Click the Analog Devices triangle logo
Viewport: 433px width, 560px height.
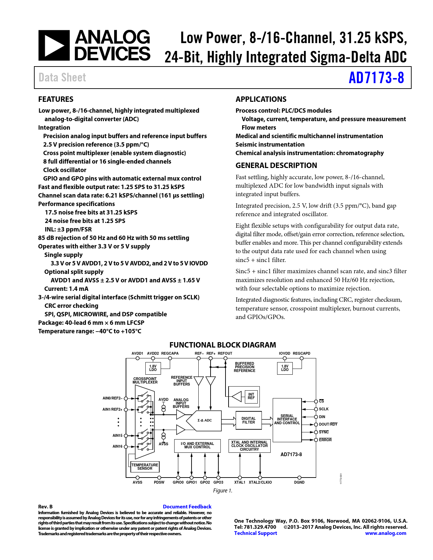click(54, 45)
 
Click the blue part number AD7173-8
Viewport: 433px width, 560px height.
click(376, 78)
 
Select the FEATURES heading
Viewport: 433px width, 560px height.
click(56, 99)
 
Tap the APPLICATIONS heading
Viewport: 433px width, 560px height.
click(261, 99)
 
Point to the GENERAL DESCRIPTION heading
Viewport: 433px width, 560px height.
click(276, 165)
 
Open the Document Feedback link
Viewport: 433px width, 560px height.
click(187, 506)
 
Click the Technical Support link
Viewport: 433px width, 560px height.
click(255, 533)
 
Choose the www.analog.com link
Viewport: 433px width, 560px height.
click(385, 533)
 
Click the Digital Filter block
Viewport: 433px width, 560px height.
click(249, 420)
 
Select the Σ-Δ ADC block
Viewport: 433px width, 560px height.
click(204, 421)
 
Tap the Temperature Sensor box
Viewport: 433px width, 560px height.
click(145, 467)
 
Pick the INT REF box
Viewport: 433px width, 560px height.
click(251, 396)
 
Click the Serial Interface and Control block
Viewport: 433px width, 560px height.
click(287, 420)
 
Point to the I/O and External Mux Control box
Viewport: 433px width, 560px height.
click(197, 446)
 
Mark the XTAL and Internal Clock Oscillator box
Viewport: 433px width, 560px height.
click(249, 446)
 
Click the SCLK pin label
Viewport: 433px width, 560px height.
click(324, 409)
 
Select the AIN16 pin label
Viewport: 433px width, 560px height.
click(118, 446)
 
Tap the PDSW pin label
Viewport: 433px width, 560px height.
click(159, 482)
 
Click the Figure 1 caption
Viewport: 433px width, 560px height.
click(222, 491)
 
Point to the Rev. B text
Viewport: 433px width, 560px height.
click(45, 507)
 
